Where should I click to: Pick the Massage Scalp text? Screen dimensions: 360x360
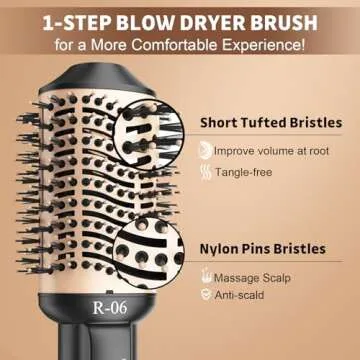click(254, 276)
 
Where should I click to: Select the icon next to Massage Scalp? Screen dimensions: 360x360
click(206, 276)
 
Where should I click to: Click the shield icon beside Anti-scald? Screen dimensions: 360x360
click(206, 295)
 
